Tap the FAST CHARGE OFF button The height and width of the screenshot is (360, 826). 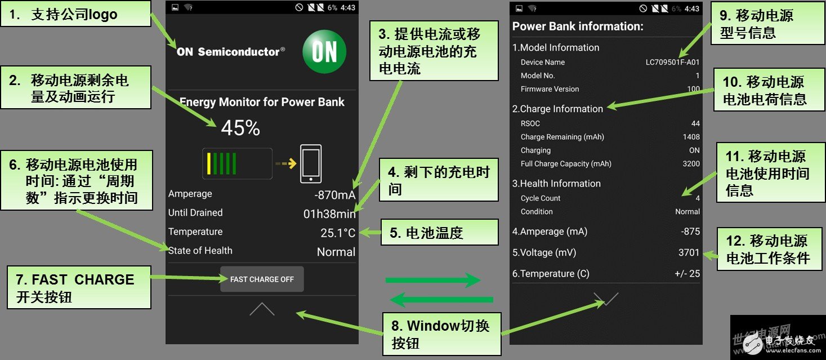click(x=262, y=279)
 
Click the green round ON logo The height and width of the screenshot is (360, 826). click(x=324, y=52)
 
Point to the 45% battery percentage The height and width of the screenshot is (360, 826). click(x=240, y=128)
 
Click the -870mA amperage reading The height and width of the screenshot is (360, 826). click(x=334, y=195)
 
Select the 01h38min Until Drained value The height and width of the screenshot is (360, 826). click(x=329, y=214)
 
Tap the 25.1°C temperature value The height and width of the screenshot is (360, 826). click(x=338, y=233)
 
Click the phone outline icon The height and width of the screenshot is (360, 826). click(x=311, y=164)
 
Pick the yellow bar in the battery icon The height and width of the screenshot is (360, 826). click(x=209, y=163)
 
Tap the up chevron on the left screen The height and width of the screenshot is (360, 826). click(x=262, y=309)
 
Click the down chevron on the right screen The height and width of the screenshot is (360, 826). click(x=606, y=299)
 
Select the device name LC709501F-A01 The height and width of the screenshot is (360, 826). click(x=672, y=63)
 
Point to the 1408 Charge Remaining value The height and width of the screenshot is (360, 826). click(x=691, y=137)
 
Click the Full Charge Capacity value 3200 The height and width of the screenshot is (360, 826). click(x=691, y=164)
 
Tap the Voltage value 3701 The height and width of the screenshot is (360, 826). click(x=689, y=253)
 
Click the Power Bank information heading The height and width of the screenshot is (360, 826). click(x=578, y=26)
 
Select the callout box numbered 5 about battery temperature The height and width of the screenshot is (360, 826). click(x=440, y=233)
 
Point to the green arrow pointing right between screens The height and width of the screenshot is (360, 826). click(x=432, y=280)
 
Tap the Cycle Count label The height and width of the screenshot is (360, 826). click(x=541, y=198)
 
